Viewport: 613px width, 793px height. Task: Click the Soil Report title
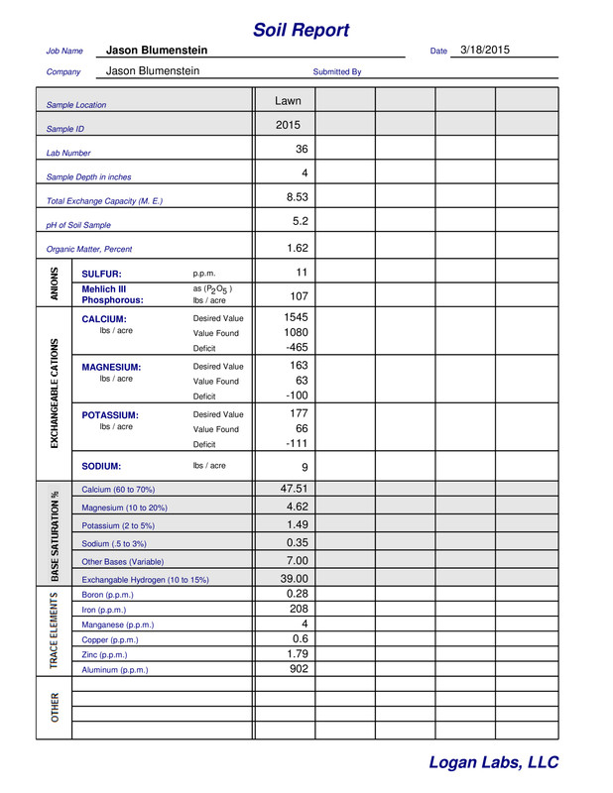(301, 30)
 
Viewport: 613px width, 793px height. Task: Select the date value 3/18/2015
(485, 50)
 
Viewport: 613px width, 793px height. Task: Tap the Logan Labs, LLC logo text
(493, 762)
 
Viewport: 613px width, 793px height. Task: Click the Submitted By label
(337, 72)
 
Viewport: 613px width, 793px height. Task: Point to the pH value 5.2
(301, 222)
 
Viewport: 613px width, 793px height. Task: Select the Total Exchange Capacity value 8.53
(297, 197)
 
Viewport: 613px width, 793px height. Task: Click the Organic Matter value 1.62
(298, 248)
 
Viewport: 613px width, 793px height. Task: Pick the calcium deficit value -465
(297, 348)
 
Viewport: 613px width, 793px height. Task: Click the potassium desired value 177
(299, 413)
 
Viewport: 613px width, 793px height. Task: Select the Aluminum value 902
(298, 669)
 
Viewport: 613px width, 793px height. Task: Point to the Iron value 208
(298, 609)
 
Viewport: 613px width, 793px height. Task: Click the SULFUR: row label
(101, 274)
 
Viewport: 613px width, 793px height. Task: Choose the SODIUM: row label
(101, 466)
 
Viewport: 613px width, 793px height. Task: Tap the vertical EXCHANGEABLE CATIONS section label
(55, 394)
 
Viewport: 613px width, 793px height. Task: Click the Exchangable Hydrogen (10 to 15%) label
(145, 580)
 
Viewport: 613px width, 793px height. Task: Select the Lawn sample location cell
(288, 101)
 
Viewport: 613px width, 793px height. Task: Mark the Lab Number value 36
(302, 150)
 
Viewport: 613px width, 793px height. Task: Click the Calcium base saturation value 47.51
(295, 489)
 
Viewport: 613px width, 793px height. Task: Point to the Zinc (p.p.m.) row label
(104, 655)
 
